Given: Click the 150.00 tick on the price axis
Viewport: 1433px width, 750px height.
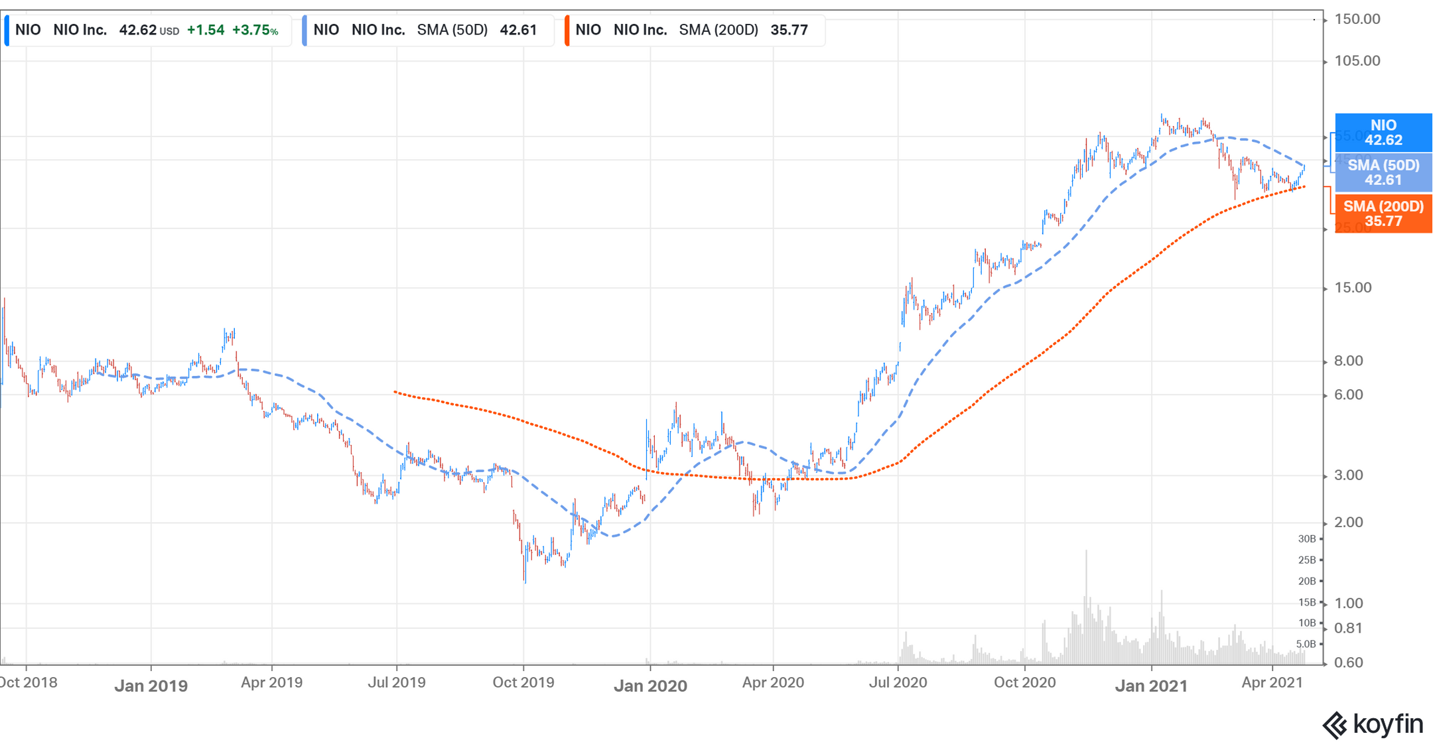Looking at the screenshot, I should click(x=1356, y=19).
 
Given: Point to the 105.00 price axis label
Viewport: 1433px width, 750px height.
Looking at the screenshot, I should click(x=1356, y=61).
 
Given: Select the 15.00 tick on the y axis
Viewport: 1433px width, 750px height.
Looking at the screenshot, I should click(x=1352, y=288).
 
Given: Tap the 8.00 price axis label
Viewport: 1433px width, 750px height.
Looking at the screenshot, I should click(x=1348, y=361).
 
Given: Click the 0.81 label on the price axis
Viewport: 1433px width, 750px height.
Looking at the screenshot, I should click(x=1348, y=628).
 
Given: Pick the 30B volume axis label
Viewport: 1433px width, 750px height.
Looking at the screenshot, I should click(x=1306, y=539).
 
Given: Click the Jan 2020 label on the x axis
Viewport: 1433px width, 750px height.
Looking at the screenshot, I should click(x=650, y=686).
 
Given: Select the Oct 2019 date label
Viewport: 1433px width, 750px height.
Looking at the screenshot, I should click(x=523, y=682).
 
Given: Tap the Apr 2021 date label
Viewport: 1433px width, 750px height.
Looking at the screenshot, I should click(x=1272, y=682).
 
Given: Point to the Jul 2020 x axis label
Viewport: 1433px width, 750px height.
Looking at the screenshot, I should click(x=898, y=682).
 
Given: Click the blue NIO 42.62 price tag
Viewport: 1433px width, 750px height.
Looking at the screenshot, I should click(x=1383, y=133).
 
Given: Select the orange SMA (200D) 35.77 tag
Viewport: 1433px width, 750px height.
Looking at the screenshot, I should click(x=1383, y=214).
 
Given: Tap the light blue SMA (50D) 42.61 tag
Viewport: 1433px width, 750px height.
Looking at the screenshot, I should click(x=1383, y=172).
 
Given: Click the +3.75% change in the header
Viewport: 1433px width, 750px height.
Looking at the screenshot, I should click(x=255, y=31).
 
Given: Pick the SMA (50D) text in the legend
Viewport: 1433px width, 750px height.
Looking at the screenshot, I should click(x=452, y=31).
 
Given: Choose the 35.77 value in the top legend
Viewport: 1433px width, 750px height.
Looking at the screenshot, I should click(x=789, y=31).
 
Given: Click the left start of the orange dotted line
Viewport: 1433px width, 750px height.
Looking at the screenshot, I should click(x=395, y=392).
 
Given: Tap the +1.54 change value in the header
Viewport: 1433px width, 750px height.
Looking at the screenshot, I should click(x=206, y=31).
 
